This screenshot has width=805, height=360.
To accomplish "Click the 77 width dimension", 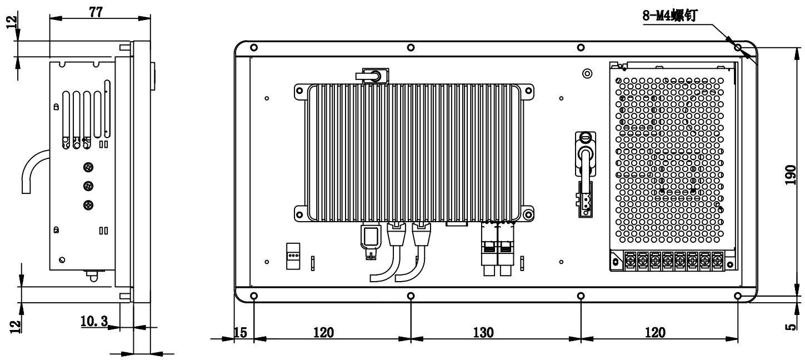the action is click(x=96, y=12).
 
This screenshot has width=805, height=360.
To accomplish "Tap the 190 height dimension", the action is click(x=791, y=175).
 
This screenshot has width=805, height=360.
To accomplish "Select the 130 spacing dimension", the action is click(x=483, y=333).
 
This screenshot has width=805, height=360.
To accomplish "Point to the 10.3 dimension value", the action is click(x=94, y=321).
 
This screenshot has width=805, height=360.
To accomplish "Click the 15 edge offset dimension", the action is click(x=241, y=333).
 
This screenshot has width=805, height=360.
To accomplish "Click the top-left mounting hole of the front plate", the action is click(x=254, y=47).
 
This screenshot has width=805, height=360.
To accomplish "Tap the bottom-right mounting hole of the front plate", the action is click(x=737, y=296).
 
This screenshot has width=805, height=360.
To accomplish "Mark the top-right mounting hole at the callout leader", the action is click(x=737, y=47).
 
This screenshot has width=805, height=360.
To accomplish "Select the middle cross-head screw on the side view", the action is click(x=88, y=186).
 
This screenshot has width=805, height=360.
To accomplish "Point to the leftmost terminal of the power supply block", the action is click(x=630, y=261).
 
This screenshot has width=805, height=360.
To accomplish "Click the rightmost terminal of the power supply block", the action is click(x=717, y=261).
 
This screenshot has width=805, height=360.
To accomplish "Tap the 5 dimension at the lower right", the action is click(x=791, y=327).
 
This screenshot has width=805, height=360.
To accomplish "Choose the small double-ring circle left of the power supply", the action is click(x=587, y=74).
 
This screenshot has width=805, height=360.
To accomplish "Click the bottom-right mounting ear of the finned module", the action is click(x=528, y=215).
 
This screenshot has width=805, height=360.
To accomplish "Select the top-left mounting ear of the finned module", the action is click(x=299, y=91).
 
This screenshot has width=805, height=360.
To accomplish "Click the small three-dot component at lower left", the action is click(x=293, y=256).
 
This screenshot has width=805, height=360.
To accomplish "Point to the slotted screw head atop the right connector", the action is click(x=586, y=137).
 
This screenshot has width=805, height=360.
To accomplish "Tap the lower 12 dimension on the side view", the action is click(x=15, y=326).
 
